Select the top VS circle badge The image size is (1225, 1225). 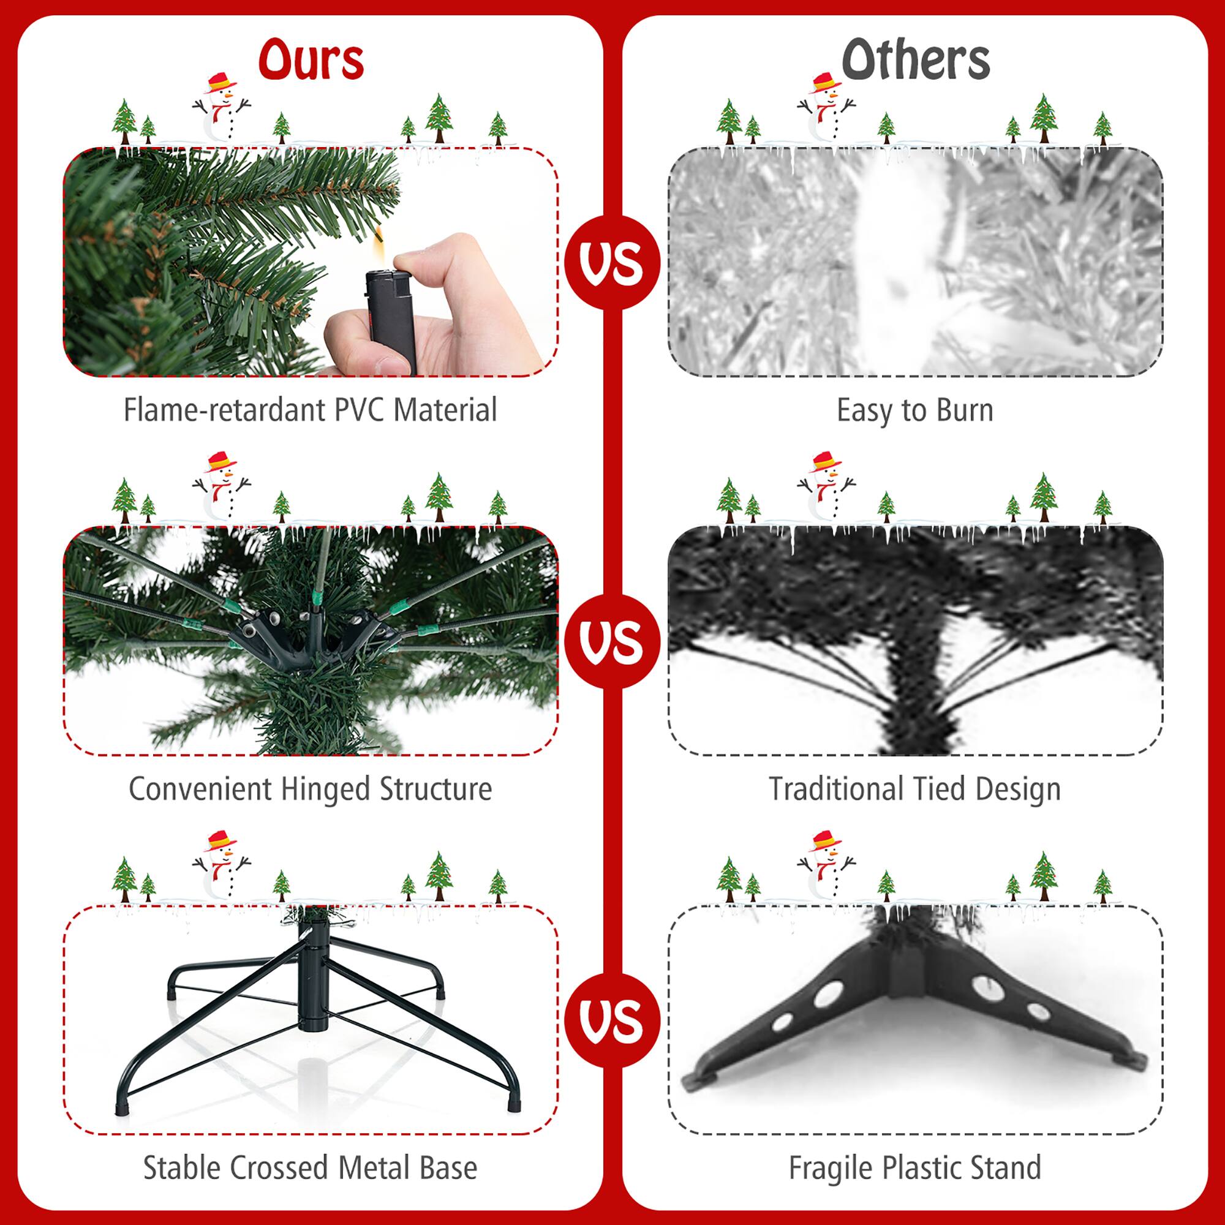(x=612, y=262)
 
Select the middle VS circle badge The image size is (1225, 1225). (x=612, y=642)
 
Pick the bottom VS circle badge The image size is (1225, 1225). (x=612, y=1020)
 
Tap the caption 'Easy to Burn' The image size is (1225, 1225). (x=914, y=410)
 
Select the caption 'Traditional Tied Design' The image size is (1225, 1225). (x=914, y=790)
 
